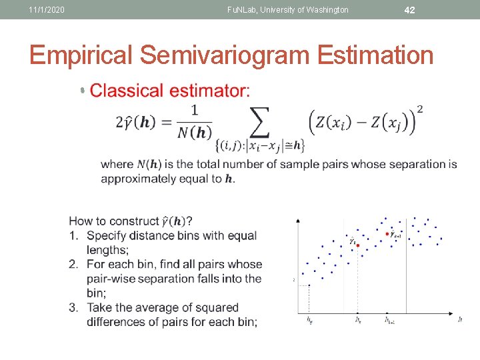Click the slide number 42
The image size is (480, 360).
[x=410, y=9]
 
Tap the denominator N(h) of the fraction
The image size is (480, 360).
[x=194, y=133]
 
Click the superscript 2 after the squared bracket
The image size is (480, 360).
[x=419, y=109]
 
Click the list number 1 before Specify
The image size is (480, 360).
[x=73, y=236]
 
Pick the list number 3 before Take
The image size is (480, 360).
[x=73, y=308]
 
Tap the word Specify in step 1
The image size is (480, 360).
[x=109, y=236]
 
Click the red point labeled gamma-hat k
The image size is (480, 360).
[x=358, y=245]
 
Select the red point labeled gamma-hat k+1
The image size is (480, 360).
[x=387, y=234]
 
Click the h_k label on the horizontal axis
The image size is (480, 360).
[x=358, y=321]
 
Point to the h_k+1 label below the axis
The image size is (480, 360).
[x=389, y=321]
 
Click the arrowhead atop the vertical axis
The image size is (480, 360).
[x=297, y=219]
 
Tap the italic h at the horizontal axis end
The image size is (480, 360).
[x=460, y=319]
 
